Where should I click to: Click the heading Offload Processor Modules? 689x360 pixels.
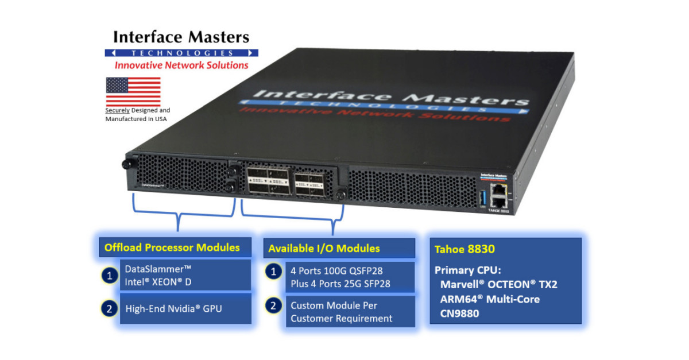pyautogui.click(x=172, y=247)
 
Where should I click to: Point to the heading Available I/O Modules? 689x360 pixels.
pyautogui.click(x=324, y=249)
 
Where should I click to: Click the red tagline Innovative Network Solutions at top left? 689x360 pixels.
pyautogui.click(x=181, y=65)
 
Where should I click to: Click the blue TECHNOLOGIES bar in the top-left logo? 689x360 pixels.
pyautogui.click(x=181, y=53)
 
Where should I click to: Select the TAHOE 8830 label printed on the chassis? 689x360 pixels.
pyautogui.click(x=494, y=211)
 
